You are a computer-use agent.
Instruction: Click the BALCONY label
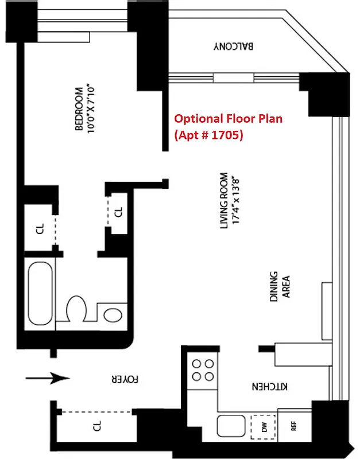pyautogui.click(x=234, y=46)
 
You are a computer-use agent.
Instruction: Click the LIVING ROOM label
pyautogui.click(x=224, y=201)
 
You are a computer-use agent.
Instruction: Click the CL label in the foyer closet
pyautogui.click(x=97, y=426)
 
